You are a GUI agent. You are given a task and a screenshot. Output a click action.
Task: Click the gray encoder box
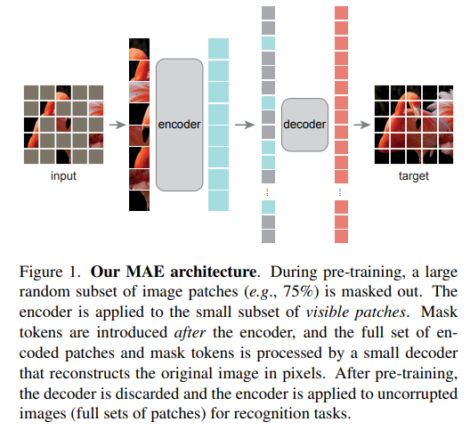179,125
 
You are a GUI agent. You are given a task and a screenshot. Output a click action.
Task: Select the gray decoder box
304,125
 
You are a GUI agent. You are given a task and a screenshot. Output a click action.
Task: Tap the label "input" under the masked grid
63,175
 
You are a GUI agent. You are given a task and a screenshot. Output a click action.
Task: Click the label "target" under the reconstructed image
414,175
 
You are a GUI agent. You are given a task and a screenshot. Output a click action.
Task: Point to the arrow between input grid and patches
117,125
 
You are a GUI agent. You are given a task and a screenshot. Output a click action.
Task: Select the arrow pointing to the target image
362,125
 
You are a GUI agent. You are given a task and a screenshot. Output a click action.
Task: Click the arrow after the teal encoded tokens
245,125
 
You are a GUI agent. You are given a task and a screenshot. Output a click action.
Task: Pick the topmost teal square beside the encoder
218,48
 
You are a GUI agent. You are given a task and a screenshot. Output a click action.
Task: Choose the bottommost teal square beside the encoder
218,200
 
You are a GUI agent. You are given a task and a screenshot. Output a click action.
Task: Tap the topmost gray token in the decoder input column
268,12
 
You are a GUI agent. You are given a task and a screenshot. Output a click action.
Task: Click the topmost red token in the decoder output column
342,12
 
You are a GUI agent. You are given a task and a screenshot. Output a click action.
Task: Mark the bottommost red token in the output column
342,236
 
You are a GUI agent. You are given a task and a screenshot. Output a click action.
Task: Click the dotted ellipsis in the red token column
340,192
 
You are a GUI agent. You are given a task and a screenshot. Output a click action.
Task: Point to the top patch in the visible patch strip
140,49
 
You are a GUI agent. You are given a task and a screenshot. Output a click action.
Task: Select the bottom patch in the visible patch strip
140,200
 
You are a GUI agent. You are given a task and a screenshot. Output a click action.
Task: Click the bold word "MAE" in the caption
145,272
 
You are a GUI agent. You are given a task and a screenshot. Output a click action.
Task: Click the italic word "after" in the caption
190,333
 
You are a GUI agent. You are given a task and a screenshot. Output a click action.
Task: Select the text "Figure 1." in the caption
50,272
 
